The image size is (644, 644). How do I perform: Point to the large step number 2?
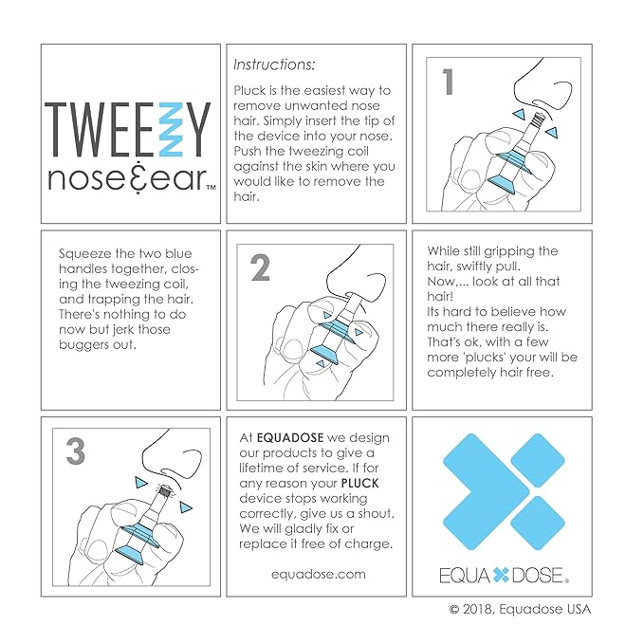[259, 269]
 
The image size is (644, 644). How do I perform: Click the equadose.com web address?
[317, 573]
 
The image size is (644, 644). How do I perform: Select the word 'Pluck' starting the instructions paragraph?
[251, 90]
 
